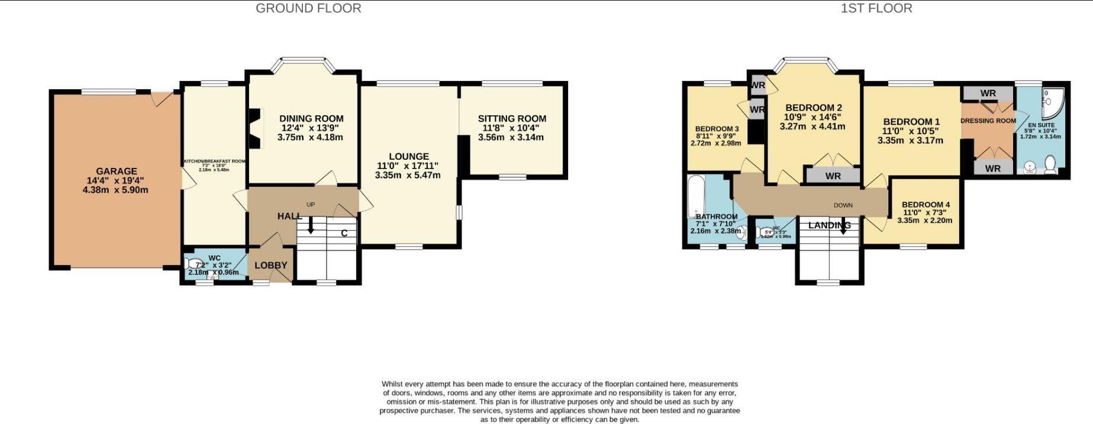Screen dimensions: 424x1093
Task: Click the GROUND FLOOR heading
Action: point(308,8)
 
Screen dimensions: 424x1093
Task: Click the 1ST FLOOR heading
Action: point(876,8)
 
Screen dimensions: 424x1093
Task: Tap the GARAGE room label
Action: point(117,171)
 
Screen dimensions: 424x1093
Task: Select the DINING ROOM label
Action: point(311,118)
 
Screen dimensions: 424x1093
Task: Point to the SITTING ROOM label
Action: point(512,118)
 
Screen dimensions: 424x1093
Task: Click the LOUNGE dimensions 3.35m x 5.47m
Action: point(408,175)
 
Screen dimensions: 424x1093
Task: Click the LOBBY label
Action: point(270,266)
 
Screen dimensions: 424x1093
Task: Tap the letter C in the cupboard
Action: point(344,233)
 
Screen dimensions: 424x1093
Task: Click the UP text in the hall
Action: point(311,205)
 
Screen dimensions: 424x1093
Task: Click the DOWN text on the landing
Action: point(843,205)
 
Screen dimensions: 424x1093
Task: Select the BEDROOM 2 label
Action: point(814,108)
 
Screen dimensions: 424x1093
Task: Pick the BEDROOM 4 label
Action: point(926,205)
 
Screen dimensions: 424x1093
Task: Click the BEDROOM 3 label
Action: point(717,129)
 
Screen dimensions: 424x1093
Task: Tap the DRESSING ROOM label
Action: point(988,121)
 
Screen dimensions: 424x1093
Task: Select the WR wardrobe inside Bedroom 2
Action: point(833,176)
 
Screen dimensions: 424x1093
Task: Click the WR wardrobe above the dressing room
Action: point(988,93)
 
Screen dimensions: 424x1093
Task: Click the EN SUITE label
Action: point(1041,125)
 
